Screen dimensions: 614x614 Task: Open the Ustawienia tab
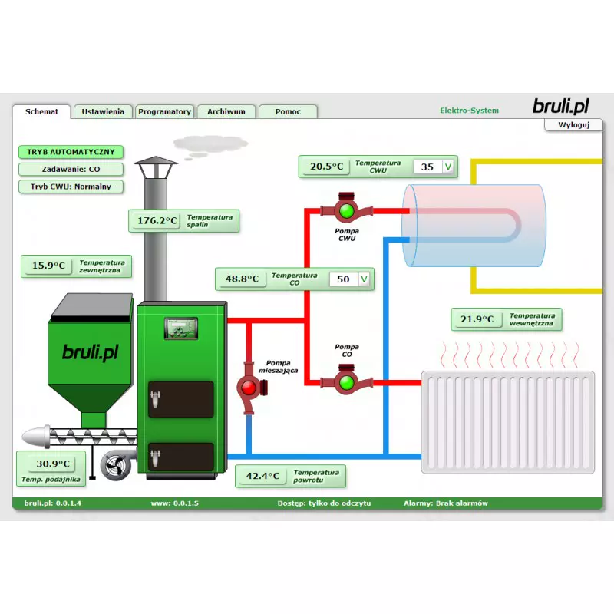click(103, 111)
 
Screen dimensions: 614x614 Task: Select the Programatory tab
click(164, 111)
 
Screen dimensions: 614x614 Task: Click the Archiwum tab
click(226, 111)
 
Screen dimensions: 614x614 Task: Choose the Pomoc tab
click(287, 111)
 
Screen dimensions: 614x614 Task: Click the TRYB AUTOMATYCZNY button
click(71, 152)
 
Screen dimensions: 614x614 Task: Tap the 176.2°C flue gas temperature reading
click(157, 221)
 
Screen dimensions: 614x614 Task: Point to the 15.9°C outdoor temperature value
click(48, 266)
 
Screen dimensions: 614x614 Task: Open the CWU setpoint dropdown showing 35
click(434, 167)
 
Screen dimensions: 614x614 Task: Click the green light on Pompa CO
click(346, 381)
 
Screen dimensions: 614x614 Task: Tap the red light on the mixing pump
click(249, 388)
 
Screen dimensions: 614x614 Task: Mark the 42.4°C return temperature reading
click(262, 476)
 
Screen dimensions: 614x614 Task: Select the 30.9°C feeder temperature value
click(53, 464)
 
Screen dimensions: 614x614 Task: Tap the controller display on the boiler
click(181, 329)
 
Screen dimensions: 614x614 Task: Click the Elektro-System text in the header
click(469, 111)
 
